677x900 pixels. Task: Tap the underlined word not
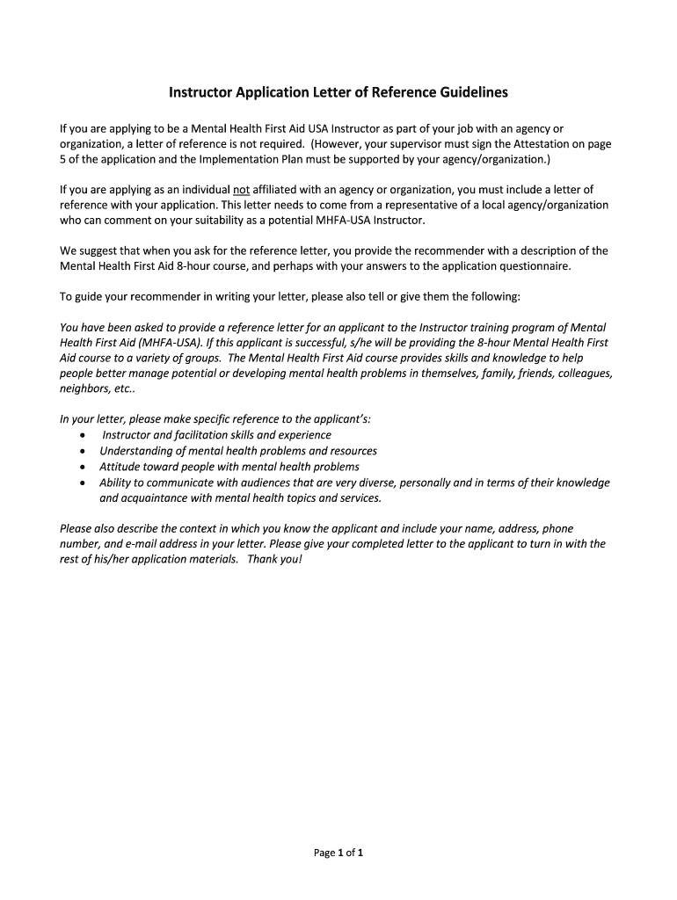242,189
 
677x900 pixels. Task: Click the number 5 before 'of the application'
63,159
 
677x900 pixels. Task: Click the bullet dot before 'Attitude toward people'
82,468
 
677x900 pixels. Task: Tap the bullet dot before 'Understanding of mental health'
82,452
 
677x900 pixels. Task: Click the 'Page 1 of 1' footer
338,853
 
